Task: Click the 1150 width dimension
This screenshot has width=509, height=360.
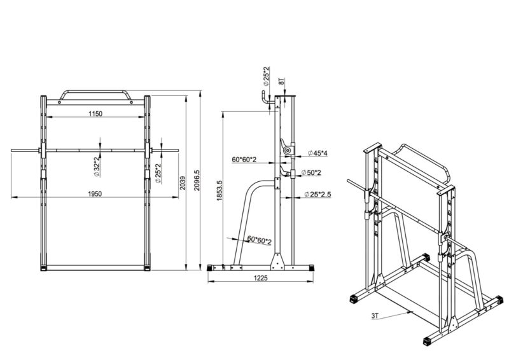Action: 95,113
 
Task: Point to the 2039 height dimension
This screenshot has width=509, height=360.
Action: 183,183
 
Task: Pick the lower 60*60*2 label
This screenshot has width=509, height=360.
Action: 259,240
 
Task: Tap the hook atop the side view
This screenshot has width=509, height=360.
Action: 263,99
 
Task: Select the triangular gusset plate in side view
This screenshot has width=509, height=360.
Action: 277,261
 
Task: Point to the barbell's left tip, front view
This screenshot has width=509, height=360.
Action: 13,150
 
